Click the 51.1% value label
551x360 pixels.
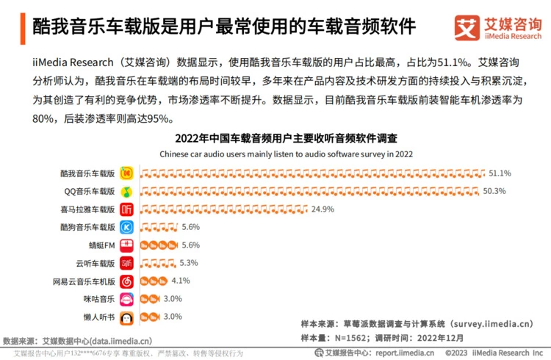tap(500, 173)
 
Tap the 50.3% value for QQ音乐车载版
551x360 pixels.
tap(494, 191)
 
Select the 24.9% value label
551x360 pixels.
tap(323, 209)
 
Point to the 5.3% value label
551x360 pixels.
tap(189, 263)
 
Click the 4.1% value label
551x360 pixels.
tap(181, 281)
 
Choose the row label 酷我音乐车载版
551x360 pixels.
tap(88, 173)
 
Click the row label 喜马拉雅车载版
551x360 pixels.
tap(88, 209)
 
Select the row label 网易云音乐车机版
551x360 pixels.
tap(84, 281)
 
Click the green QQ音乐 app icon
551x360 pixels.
tap(127, 192)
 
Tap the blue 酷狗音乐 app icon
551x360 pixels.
tap(127, 228)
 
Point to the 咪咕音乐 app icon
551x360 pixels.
tap(127, 299)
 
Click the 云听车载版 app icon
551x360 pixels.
tap(127, 263)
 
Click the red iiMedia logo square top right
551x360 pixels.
tap(467, 28)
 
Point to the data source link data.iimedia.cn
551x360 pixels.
tap(119, 341)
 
